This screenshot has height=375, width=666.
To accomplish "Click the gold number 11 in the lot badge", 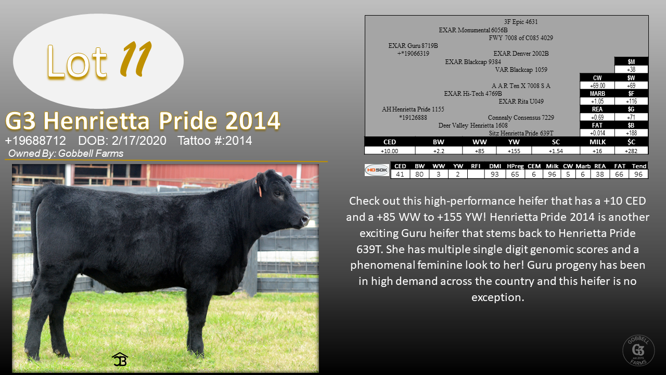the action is click(136, 59).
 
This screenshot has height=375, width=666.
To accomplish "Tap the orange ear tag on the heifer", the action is click(259, 189).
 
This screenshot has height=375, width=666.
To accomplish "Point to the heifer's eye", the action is click(278, 194).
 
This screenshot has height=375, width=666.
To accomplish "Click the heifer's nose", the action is click(304, 220).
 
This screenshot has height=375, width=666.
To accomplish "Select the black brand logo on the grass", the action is click(120, 359).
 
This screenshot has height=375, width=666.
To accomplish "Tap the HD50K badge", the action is click(377, 170).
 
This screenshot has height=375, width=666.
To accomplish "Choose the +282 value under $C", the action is click(631, 151).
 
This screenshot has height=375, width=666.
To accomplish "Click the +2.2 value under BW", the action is click(439, 151).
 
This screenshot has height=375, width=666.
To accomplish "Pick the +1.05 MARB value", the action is click(597, 101).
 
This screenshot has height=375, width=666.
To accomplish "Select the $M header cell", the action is click(631, 61).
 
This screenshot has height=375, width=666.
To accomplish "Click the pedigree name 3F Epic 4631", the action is click(521, 22).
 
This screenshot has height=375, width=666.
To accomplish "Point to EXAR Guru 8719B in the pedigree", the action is click(413, 45).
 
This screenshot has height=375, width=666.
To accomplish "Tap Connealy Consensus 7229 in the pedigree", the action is click(521, 118).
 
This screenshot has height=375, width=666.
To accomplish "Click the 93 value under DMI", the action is click(494, 174).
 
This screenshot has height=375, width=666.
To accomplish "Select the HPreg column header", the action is click(515, 166).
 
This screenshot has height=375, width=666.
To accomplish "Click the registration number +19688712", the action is click(35, 141).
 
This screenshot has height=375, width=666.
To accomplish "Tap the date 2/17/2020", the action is click(139, 141).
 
